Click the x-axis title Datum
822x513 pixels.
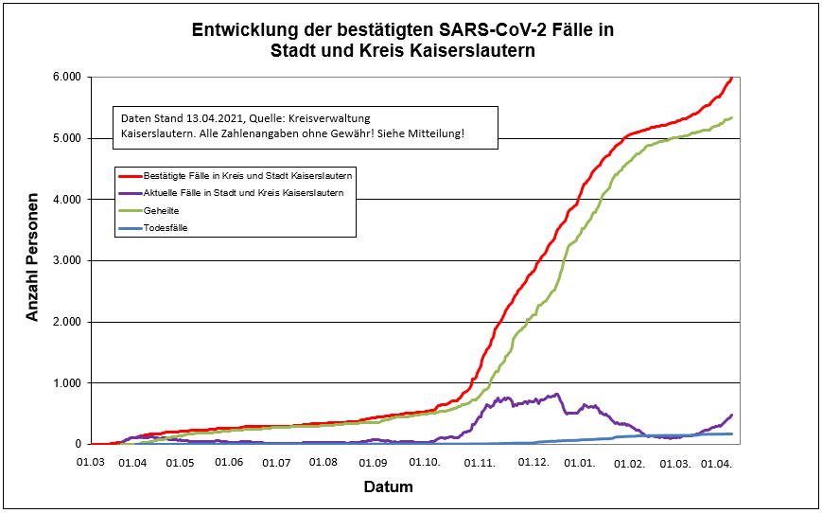coord(388,487)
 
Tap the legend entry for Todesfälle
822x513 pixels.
coord(166,227)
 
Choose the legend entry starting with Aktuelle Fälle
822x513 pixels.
coord(242,192)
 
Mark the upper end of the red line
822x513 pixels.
coord(731,79)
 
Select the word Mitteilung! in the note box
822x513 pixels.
coord(437,134)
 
